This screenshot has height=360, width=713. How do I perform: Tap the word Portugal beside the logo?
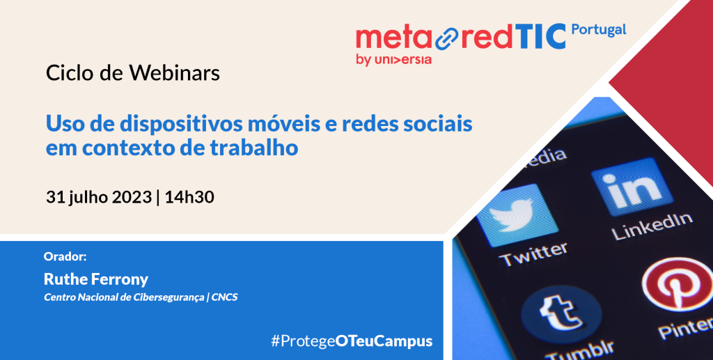(x=598, y=30)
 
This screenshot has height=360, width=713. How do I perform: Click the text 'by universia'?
(x=394, y=60)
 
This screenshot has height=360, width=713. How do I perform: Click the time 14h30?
(x=189, y=197)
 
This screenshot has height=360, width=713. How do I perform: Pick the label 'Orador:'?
(x=65, y=256)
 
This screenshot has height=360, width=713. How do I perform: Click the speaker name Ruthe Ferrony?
(x=96, y=279)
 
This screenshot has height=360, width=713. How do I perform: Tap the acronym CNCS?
(x=225, y=298)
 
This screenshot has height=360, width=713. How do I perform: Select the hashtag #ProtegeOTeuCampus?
(x=352, y=341)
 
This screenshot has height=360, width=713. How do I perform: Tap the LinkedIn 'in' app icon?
(x=632, y=187)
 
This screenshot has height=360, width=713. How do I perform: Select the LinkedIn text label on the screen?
(x=652, y=226)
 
